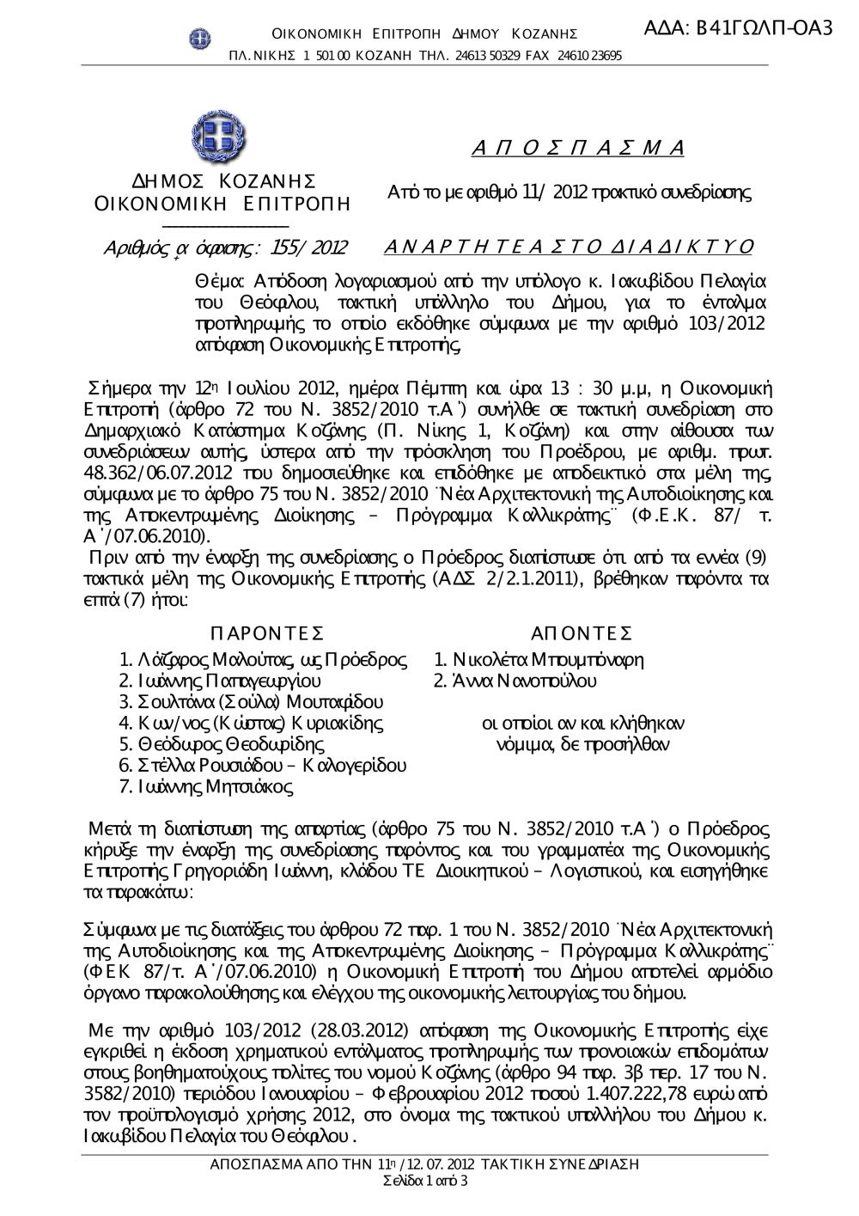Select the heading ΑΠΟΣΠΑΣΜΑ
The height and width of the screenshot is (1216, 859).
coord(578,147)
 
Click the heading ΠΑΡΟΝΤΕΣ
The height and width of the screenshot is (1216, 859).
coord(265,633)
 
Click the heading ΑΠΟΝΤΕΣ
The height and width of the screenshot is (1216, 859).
coord(582,633)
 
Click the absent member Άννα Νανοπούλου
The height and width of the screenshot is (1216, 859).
coord(515,681)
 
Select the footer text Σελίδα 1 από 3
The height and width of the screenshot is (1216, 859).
coord(425,1180)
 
